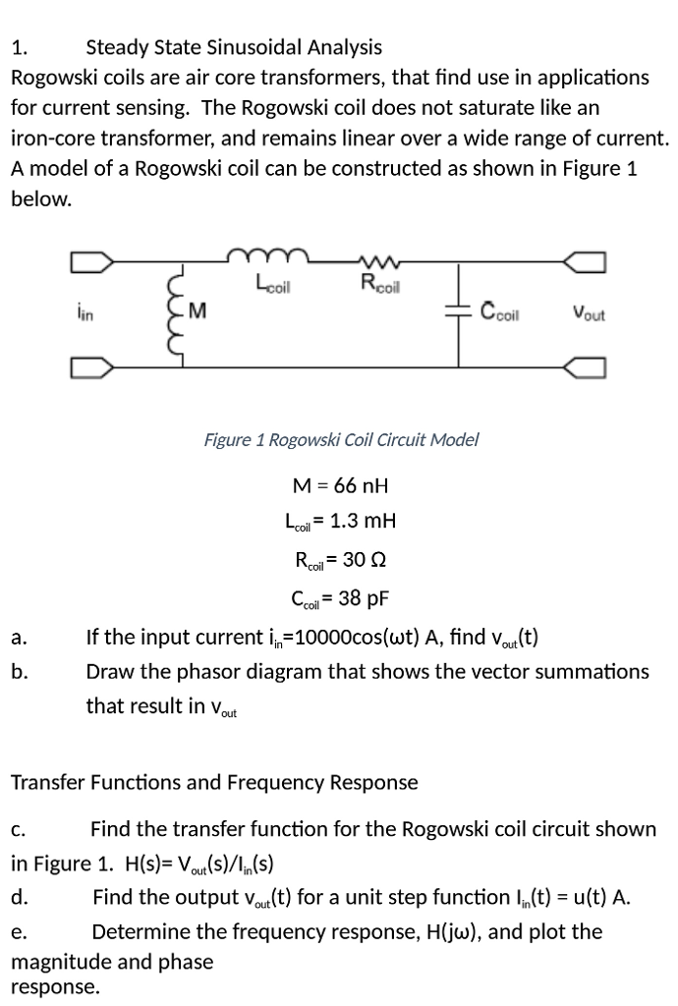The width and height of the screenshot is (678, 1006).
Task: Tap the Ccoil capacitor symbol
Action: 460,313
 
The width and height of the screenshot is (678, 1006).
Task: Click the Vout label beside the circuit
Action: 588,315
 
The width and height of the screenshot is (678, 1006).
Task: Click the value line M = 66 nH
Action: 341,485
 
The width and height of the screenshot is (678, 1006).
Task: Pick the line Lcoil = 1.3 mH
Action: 341,522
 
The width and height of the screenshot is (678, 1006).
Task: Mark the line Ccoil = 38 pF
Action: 341,597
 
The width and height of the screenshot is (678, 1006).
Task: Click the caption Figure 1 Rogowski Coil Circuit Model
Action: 341,439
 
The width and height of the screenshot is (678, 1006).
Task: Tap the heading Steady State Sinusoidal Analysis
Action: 234,46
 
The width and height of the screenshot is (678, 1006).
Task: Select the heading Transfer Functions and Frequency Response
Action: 213,783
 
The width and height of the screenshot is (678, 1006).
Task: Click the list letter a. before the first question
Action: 19,639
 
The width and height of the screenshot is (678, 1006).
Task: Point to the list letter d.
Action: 19,897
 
